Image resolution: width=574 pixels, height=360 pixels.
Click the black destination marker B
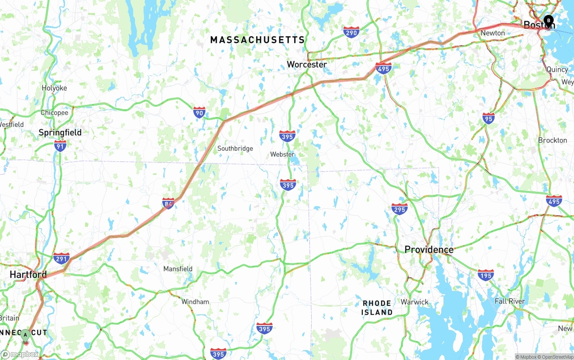tap(548, 20)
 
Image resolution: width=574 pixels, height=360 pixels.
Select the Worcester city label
tap(307, 65)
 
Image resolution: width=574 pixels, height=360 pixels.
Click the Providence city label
tap(429, 250)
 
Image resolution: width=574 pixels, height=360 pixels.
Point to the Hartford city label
tap(28, 274)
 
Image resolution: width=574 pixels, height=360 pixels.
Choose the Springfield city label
tap(60, 133)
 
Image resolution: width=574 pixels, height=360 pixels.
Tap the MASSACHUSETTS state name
tap(257, 40)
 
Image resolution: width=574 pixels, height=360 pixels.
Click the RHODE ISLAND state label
tap(377, 308)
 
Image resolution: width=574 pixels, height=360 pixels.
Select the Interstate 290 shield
tap(351, 32)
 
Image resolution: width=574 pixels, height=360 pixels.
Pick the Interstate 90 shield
tap(200, 112)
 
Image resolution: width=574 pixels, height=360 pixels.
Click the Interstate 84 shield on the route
tap(168, 204)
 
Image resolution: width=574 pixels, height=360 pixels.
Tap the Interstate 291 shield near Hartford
tap(61, 258)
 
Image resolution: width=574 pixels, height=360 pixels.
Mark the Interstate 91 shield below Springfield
tap(60, 145)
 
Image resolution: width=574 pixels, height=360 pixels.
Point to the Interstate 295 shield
tap(399, 209)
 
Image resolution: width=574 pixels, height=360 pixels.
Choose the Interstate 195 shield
tap(486, 274)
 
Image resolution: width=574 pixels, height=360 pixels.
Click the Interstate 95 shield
tap(489, 118)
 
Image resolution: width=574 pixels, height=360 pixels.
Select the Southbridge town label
tap(235, 149)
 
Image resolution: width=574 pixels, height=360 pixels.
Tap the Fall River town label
tap(509, 301)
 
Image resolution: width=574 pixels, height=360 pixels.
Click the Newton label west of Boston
tap(492, 33)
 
